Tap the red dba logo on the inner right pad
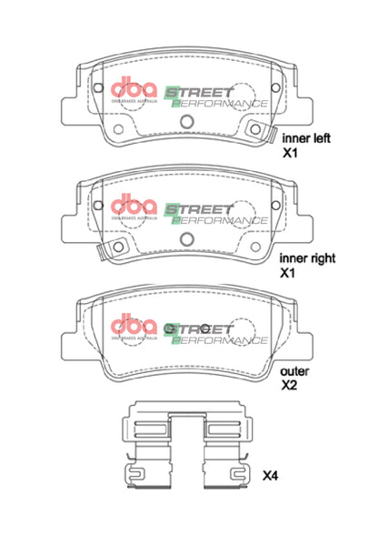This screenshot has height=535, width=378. click(x=134, y=205)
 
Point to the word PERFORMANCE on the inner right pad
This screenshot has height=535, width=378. click(x=222, y=219)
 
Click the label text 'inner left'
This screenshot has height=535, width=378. click(x=306, y=138)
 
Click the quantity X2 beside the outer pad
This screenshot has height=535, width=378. click(x=288, y=386)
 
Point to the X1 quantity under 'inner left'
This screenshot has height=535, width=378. click(x=288, y=155)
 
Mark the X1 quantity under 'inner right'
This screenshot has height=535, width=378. click(x=288, y=272)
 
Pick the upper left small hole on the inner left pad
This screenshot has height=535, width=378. click(x=96, y=88)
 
